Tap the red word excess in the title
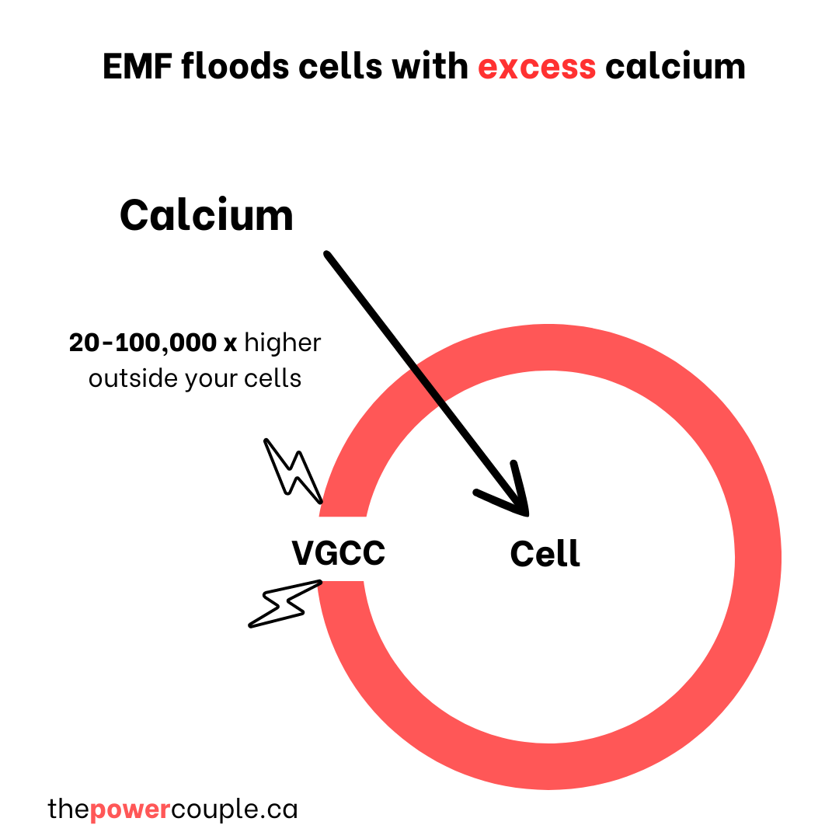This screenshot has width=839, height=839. pos(537,66)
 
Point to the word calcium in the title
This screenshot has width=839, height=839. pos(675,66)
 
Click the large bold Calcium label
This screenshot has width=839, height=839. pos(207,215)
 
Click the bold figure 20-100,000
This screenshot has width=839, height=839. pos(142,343)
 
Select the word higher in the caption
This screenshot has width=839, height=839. pos(283,343)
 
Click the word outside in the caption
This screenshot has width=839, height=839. pos(132,378)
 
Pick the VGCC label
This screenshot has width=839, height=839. pos(339,554)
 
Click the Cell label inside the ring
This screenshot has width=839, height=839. pos(545,554)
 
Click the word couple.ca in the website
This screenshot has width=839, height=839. pos(234,809)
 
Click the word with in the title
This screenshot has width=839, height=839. pos(430,66)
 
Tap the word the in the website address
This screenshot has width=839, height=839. pos(68,809)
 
